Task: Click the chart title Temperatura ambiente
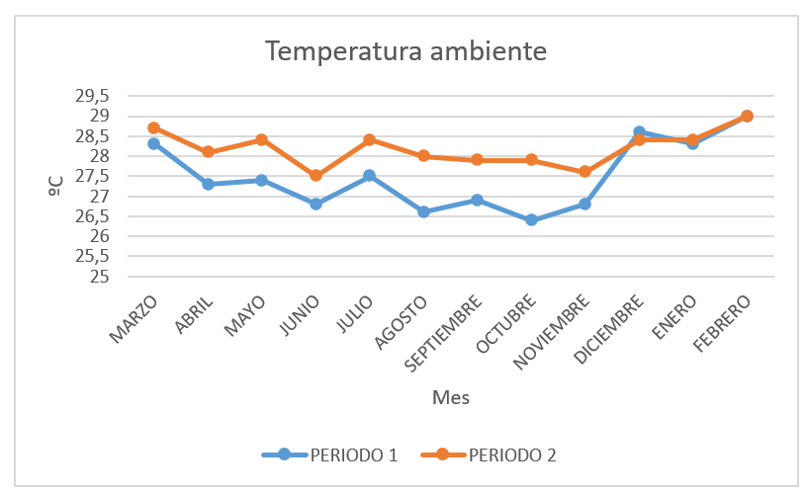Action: (x=404, y=50)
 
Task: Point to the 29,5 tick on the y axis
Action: (x=91, y=96)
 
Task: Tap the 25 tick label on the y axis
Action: (x=99, y=276)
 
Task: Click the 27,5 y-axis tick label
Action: (x=91, y=176)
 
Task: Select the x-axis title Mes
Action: (x=450, y=397)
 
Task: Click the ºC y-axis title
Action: (x=56, y=185)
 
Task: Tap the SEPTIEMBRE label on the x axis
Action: (x=446, y=330)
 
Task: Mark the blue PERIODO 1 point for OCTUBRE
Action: (x=531, y=219)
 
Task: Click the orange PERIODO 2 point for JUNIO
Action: (x=315, y=176)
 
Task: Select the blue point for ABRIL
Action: (x=208, y=184)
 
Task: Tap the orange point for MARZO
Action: (x=153, y=127)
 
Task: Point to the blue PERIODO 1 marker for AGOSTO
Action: (x=423, y=211)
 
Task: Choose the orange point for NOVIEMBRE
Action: (x=584, y=172)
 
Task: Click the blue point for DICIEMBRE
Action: (x=639, y=131)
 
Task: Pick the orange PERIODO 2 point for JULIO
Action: (x=369, y=139)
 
